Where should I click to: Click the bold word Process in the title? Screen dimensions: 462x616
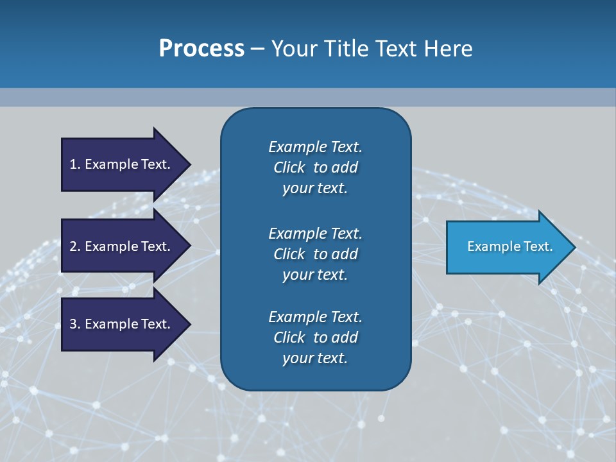point(201,49)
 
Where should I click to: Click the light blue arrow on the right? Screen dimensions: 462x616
point(507,246)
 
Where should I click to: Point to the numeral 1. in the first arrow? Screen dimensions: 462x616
point(75,164)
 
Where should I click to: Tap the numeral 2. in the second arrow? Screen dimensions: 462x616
point(75,246)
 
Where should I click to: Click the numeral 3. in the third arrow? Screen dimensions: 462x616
point(75,324)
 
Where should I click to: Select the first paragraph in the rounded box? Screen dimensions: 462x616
point(315,167)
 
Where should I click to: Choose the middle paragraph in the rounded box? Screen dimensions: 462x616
point(315,254)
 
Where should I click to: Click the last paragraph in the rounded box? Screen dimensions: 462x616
point(315,338)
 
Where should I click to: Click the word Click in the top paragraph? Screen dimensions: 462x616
point(289,167)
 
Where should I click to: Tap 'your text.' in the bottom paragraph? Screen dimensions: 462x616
point(315,358)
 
